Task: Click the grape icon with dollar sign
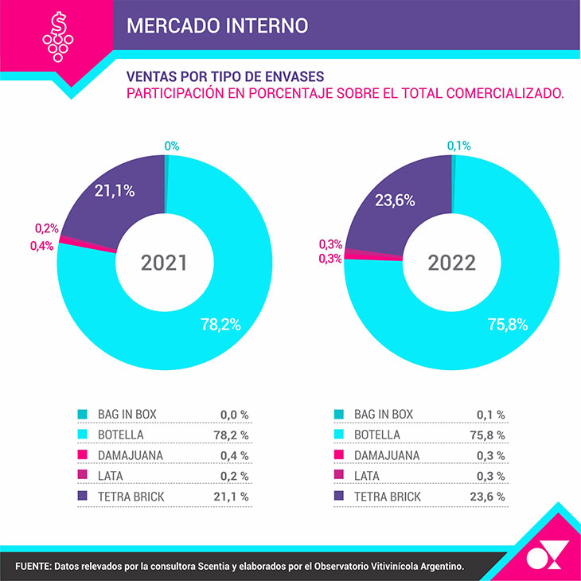pyautogui.click(x=57, y=35)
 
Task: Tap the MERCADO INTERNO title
pyautogui.click(x=217, y=25)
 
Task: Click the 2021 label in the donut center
pyautogui.click(x=164, y=263)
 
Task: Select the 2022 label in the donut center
pyautogui.click(x=450, y=263)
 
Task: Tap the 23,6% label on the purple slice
pyautogui.click(x=395, y=201)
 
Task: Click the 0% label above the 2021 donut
pyautogui.click(x=172, y=146)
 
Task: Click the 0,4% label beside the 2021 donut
pyautogui.click(x=41, y=246)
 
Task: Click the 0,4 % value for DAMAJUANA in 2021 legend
pyautogui.click(x=234, y=455)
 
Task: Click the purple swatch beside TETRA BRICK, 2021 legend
pyautogui.click(x=82, y=497)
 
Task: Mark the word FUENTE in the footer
pyautogui.click(x=32, y=566)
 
